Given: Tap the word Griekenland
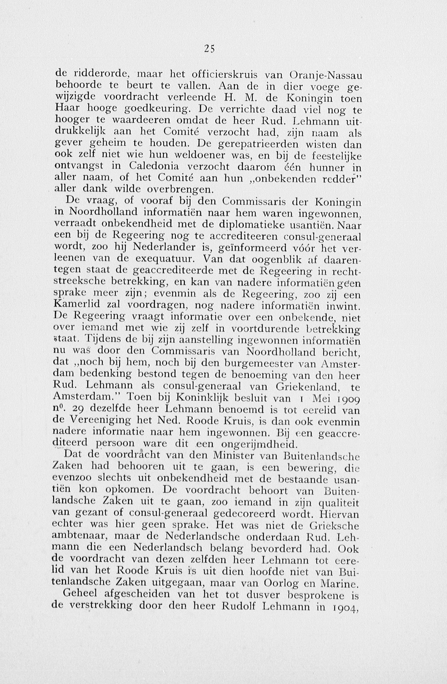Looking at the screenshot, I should pos(308,387).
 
